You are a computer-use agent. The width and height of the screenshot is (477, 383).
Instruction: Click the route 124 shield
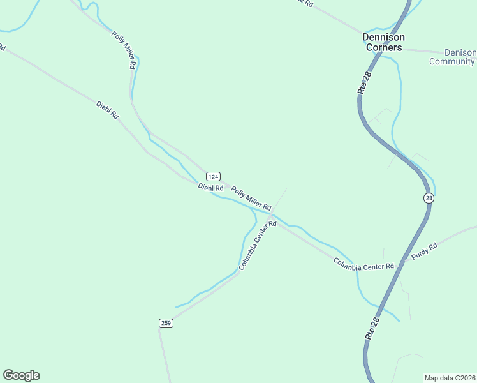click(213, 176)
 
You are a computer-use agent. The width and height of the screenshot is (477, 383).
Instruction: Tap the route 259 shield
click(166, 323)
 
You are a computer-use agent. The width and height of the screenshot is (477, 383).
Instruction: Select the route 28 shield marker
click(429, 199)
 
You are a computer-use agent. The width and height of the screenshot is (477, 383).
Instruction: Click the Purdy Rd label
click(424, 252)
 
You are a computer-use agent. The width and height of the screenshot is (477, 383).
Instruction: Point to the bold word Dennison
click(383, 37)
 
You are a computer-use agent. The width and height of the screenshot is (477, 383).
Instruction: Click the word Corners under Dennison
click(383, 47)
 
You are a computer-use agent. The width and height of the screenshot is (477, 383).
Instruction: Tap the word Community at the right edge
click(452, 62)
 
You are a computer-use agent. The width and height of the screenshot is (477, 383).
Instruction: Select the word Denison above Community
click(460, 52)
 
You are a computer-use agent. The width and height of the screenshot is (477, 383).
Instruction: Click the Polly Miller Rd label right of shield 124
click(251, 199)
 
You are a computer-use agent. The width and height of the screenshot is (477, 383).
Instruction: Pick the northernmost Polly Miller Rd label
click(124, 50)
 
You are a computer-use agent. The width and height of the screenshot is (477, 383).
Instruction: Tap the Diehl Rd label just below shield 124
click(210, 188)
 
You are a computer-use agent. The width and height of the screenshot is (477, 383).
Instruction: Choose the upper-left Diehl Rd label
click(108, 110)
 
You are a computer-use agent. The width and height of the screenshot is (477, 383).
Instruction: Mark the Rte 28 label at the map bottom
click(372, 327)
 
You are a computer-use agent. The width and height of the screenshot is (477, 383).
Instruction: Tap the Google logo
click(21, 375)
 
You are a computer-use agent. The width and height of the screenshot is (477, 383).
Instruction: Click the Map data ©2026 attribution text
click(450, 377)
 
